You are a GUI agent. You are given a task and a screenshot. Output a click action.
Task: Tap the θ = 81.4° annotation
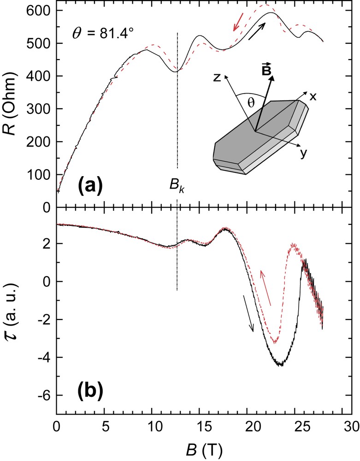(103, 34)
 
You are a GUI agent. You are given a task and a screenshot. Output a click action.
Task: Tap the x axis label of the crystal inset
(313, 96)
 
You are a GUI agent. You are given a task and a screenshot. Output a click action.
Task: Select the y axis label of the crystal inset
(303, 154)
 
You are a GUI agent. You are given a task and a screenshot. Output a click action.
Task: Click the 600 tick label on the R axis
(41, 11)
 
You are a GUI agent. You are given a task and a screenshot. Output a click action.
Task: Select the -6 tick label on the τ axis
(45, 396)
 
